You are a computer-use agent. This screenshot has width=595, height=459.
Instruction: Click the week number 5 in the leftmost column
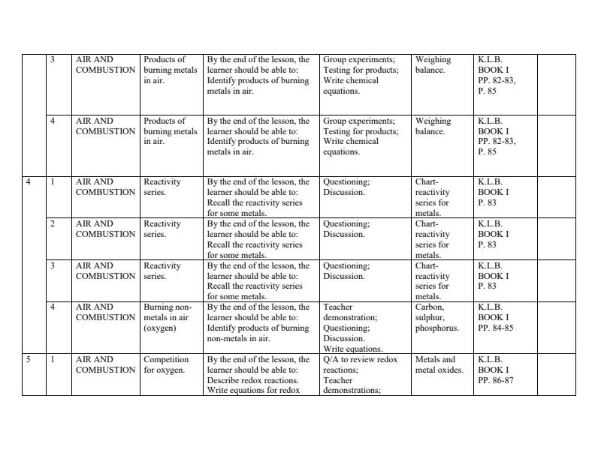click(x=28, y=359)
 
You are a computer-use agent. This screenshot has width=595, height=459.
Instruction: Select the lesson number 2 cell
click(x=52, y=223)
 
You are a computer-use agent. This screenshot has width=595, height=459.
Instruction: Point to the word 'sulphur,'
click(x=430, y=317)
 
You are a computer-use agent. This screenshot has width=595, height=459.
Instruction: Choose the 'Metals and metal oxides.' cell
click(x=439, y=364)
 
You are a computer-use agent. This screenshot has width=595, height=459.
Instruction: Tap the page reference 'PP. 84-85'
click(x=496, y=328)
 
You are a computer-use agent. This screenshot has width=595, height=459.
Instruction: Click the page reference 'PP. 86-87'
click(x=496, y=380)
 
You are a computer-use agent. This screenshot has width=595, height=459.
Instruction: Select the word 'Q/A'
click(x=331, y=359)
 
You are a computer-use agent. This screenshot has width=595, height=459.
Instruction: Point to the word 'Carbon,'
click(x=429, y=307)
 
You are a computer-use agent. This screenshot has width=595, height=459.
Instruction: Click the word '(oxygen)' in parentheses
click(x=159, y=328)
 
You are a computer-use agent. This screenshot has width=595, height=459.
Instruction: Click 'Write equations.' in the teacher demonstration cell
click(x=352, y=349)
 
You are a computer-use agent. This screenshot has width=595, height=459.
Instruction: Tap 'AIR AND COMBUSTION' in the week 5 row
click(x=105, y=364)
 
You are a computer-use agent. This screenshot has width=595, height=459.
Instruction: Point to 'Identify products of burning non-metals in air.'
click(x=258, y=333)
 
